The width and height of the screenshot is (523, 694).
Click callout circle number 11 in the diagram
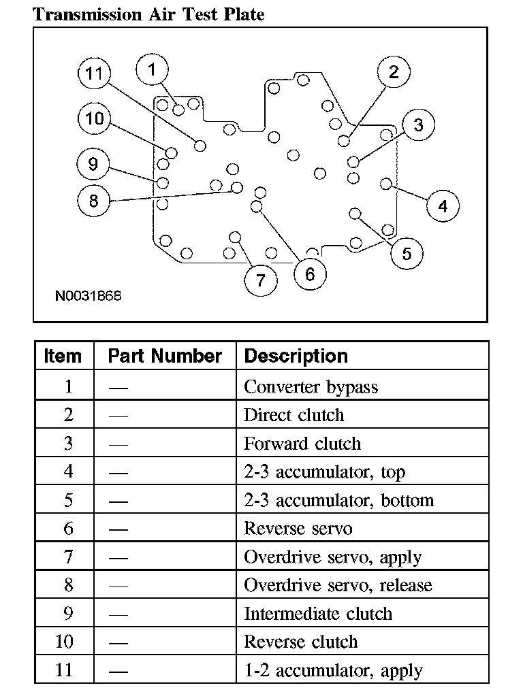[95, 73]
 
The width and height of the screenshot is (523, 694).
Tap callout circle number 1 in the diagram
[152, 69]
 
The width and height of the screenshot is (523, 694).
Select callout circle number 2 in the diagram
[394, 71]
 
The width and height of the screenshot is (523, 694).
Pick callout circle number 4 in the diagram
[443, 205]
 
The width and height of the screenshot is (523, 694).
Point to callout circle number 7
[260, 279]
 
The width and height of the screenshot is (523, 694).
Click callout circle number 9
[93, 164]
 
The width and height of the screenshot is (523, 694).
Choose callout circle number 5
[407, 254]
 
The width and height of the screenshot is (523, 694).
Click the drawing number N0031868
[89, 296]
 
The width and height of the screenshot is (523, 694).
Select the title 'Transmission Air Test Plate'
[148, 14]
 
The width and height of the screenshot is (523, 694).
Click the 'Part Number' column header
[165, 356]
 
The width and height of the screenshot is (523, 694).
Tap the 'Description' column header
[296, 356]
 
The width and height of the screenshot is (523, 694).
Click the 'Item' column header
[63, 356]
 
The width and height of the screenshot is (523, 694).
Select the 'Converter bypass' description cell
[311, 387]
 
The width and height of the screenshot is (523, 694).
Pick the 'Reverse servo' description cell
[298, 529]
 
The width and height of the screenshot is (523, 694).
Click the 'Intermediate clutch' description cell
[318, 614]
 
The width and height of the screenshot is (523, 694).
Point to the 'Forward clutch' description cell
[302, 444]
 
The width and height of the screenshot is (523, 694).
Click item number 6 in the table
[68, 529]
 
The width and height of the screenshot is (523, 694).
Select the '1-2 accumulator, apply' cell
[333, 670]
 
